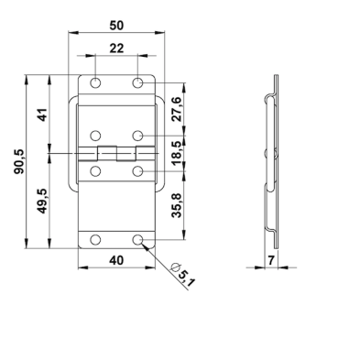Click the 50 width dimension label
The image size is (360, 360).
tap(116, 26)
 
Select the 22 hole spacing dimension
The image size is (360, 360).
tap(116, 49)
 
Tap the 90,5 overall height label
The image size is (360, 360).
tap(19, 162)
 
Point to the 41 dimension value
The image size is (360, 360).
tap(42, 115)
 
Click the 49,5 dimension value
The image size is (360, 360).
tap(42, 201)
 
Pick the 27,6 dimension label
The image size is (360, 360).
tap(177, 109)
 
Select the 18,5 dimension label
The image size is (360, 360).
tap(177, 153)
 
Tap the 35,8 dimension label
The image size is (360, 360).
tap(177, 205)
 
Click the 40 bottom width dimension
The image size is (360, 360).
tap(116, 260)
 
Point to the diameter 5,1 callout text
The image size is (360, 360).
tap(182, 274)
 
